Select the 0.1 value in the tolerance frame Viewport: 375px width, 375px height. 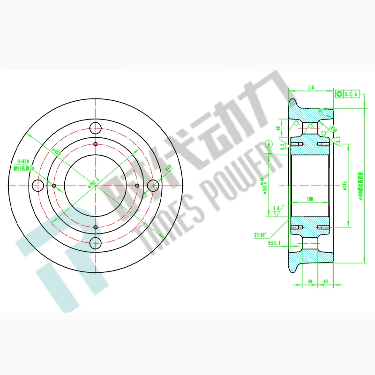347,94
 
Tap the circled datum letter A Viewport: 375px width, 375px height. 269,144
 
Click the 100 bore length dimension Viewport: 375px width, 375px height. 309,199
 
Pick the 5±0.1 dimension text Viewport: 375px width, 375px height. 274,243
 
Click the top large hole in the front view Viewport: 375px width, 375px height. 96,127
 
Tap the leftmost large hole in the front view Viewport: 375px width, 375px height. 37,186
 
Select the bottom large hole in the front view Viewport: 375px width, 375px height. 96,243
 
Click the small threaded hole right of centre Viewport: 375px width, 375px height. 137,186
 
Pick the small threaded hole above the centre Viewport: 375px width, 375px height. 96,144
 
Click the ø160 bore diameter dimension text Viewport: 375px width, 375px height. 262,187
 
